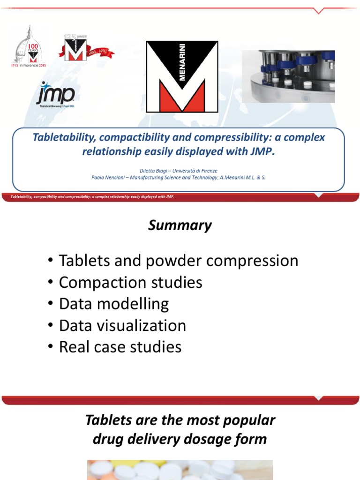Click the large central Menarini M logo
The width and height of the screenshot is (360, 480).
pyautogui.click(x=182, y=76)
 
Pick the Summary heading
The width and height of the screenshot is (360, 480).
pyautogui.click(x=180, y=226)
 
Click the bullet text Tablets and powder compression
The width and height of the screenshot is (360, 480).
pyautogui.click(x=178, y=261)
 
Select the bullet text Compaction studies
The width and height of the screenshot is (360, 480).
pyautogui.click(x=130, y=282)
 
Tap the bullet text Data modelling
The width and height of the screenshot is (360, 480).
pyautogui.click(x=113, y=304)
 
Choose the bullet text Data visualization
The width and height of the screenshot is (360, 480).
pyautogui.click(x=122, y=325)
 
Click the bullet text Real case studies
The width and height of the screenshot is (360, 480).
pyautogui.click(x=120, y=347)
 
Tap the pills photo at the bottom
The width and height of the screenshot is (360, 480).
pyautogui.click(x=180, y=470)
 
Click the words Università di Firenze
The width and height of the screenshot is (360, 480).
pyautogui.click(x=197, y=171)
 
